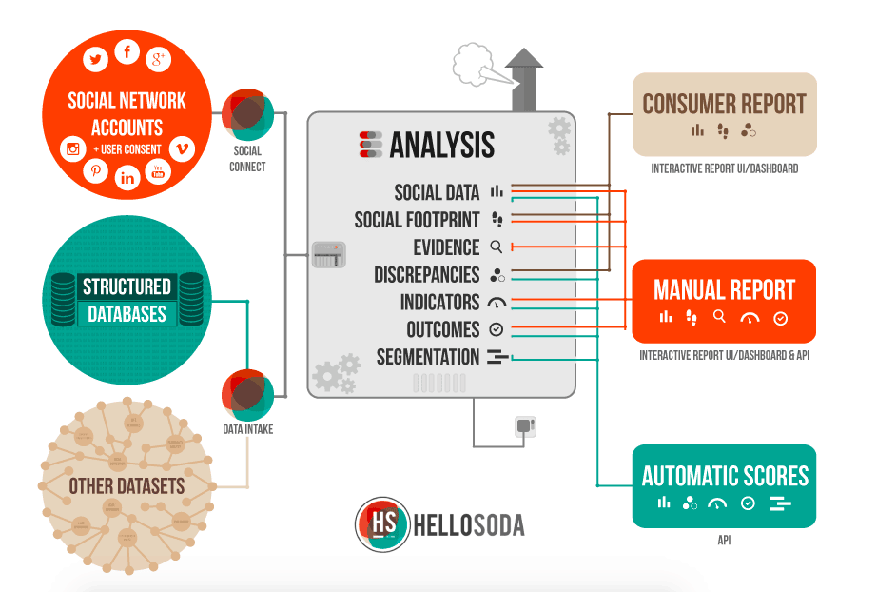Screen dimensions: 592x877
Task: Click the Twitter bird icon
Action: (95, 60)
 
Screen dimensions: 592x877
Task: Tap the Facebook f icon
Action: (127, 52)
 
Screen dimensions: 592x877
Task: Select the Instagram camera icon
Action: (73, 148)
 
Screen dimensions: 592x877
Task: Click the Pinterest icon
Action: (96, 170)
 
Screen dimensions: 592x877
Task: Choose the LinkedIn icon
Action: (127, 177)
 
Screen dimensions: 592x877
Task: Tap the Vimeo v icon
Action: (181, 148)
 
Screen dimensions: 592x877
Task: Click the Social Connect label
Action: (248, 158)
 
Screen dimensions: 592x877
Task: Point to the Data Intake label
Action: (248, 429)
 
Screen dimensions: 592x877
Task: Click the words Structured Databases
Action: (127, 300)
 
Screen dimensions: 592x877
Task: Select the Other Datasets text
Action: (127, 486)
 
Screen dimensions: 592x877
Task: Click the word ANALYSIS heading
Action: (441, 145)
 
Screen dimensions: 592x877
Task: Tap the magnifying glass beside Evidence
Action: (496, 247)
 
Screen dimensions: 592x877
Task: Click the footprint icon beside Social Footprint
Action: (497, 220)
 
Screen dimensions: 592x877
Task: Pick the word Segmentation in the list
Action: (428, 358)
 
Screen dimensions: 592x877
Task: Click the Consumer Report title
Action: (724, 104)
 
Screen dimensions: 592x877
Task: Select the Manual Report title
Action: (724, 289)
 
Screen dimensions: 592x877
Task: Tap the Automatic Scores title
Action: (725, 475)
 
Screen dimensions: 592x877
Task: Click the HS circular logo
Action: (381, 524)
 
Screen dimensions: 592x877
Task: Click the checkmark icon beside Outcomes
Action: (496, 329)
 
